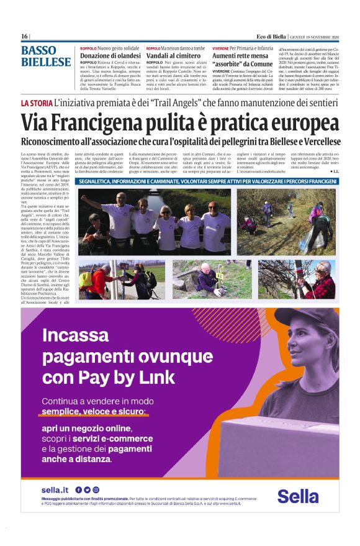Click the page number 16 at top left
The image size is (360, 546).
coord(24,37)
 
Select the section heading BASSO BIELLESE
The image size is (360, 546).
coord(46,57)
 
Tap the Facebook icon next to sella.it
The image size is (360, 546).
coord(78,490)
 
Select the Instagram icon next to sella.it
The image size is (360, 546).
coord(96,490)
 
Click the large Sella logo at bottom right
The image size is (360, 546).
coord(298,496)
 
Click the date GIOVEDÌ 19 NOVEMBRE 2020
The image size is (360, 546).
coord(317,37)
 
